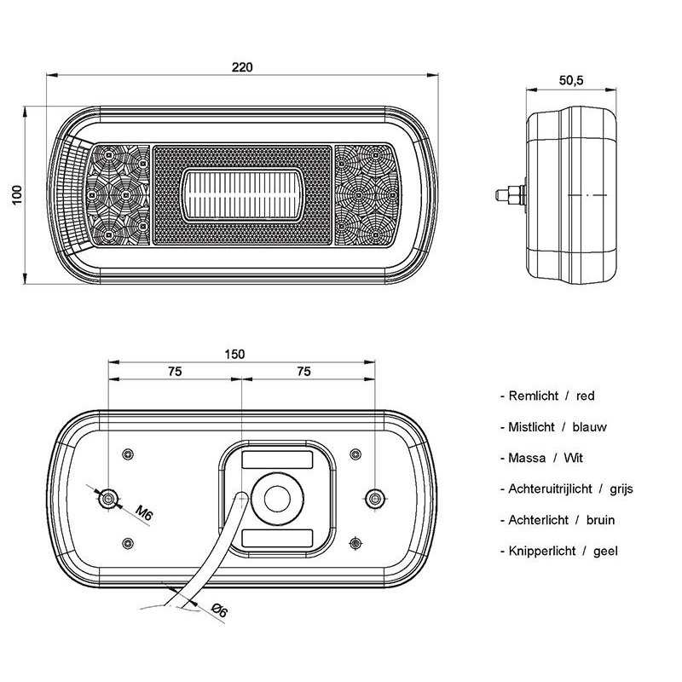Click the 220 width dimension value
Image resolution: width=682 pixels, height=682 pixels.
click(x=242, y=67)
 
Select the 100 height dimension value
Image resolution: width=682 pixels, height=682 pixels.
click(x=17, y=195)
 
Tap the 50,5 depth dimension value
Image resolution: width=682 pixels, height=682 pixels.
click(x=571, y=80)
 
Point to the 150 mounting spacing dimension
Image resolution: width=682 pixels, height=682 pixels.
click(x=235, y=354)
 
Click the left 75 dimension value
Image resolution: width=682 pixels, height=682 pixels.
click(x=175, y=372)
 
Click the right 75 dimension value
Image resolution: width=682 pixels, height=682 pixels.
click(x=304, y=372)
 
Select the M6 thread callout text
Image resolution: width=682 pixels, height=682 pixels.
click(x=144, y=512)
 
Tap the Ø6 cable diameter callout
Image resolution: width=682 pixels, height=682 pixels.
click(x=219, y=610)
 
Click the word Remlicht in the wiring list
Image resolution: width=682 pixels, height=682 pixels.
click(x=534, y=396)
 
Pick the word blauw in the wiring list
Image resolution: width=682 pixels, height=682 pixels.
click(x=589, y=427)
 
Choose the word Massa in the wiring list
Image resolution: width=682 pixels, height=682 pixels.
click(x=527, y=458)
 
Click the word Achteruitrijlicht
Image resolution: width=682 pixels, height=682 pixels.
click(x=550, y=488)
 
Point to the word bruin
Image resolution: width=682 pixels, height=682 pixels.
click(x=601, y=520)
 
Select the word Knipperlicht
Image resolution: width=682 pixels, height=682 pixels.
click(x=542, y=551)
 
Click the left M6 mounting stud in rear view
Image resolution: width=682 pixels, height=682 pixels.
click(x=108, y=499)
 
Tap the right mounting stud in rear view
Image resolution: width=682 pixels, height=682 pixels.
click(x=374, y=499)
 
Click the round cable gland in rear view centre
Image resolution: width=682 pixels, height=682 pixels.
click(x=277, y=499)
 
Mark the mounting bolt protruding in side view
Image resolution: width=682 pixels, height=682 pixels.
click(x=511, y=195)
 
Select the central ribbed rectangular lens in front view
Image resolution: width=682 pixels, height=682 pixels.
click(x=242, y=194)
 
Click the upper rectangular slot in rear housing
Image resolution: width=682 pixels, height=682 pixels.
click(x=277, y=459)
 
